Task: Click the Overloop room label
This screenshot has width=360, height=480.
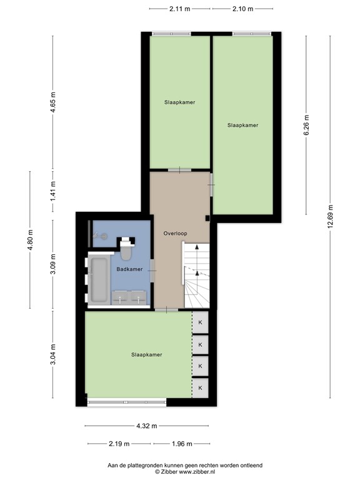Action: point(176,232)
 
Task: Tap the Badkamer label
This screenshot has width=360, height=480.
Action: point(129,269)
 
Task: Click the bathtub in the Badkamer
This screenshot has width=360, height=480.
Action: point(99,279)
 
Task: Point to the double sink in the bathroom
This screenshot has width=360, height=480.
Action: point(131,297)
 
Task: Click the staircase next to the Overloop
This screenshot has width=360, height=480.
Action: point(197,275)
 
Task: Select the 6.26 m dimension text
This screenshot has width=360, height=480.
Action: point(306,125)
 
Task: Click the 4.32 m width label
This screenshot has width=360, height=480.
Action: point(147,426)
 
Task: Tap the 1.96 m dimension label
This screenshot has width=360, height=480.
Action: point(182,444)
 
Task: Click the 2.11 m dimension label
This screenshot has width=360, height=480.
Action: point(179,9)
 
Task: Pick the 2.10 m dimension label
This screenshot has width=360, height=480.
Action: point(242,9)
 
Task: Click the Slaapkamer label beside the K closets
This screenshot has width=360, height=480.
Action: point(147,354)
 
